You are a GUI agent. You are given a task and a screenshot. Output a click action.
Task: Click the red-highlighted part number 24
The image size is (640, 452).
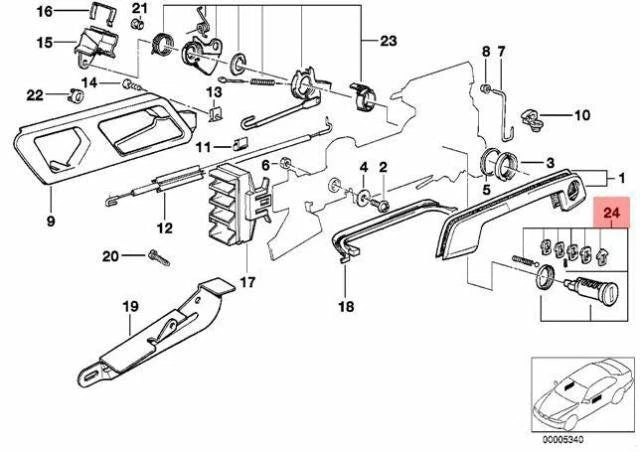pos(610,241)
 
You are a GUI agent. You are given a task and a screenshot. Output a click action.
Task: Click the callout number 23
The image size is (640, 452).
pos(388,42)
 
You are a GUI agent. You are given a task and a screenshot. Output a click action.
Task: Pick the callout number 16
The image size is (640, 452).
pos(43,12)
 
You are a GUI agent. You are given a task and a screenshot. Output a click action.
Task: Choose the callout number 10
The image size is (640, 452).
pos(581,115)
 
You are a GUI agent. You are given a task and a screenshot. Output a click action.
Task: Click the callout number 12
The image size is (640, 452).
pos(163,228)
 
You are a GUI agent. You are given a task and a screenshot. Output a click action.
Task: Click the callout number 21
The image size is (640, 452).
pos(139,9)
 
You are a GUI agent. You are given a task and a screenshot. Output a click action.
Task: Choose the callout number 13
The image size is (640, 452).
pos(212,93)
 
